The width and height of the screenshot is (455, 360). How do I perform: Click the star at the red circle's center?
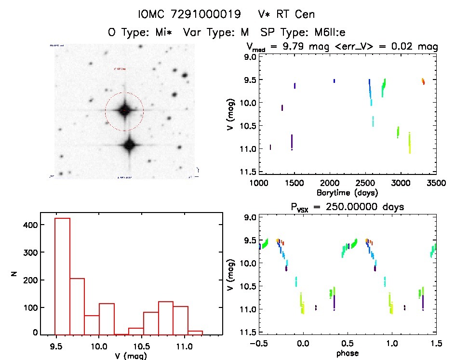coord(124,110)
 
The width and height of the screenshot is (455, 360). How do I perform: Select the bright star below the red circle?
coord(129,145)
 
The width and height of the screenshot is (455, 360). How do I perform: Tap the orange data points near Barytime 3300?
coord(423,80)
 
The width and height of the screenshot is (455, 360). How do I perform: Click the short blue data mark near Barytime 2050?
coord(334,80)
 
